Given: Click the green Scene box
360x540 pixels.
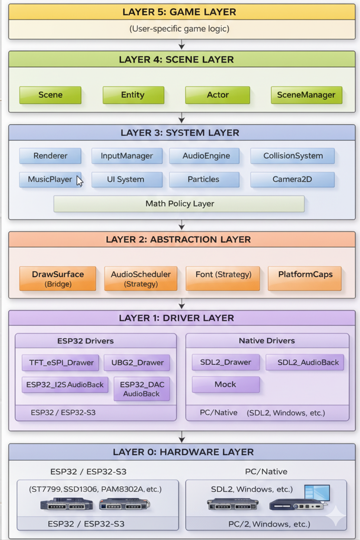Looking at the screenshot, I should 50,95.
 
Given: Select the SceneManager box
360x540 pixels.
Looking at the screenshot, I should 306,95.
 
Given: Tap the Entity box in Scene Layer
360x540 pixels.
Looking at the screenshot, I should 133,95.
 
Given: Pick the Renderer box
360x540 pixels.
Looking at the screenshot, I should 50,156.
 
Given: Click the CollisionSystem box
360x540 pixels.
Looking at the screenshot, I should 292,156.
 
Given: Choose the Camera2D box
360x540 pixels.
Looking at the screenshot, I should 292,179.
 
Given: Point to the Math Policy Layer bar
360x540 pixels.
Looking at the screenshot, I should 179,204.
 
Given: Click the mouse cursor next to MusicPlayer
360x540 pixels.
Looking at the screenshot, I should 79,180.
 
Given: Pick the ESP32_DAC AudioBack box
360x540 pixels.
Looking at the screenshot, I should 141,389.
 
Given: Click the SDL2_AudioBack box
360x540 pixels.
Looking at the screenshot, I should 305,363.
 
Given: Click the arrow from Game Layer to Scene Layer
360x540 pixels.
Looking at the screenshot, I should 182,45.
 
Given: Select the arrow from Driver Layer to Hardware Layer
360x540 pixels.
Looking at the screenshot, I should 182,437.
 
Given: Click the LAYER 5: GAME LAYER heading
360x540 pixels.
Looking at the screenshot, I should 180,12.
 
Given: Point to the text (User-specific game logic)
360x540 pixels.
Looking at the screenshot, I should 180,29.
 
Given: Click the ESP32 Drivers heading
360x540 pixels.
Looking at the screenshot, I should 85,341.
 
